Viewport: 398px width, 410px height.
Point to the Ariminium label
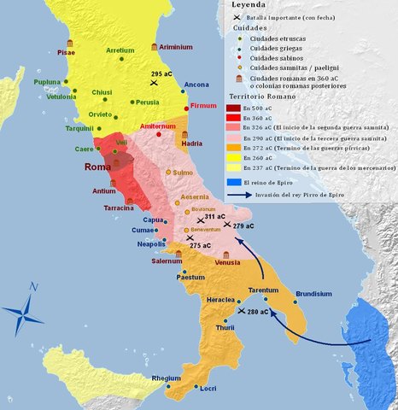[x=177, y=49]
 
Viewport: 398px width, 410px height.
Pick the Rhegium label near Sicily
[x=166, y=378]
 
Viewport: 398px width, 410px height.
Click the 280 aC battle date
[x=255, y=313]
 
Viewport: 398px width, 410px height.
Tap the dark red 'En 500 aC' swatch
[x=234, y=108]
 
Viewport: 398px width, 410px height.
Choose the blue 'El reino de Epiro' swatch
[x=234, y=182]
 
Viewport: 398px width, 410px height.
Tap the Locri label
[x=207, y=389]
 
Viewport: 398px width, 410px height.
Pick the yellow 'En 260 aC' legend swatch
[x=234, y=157]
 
